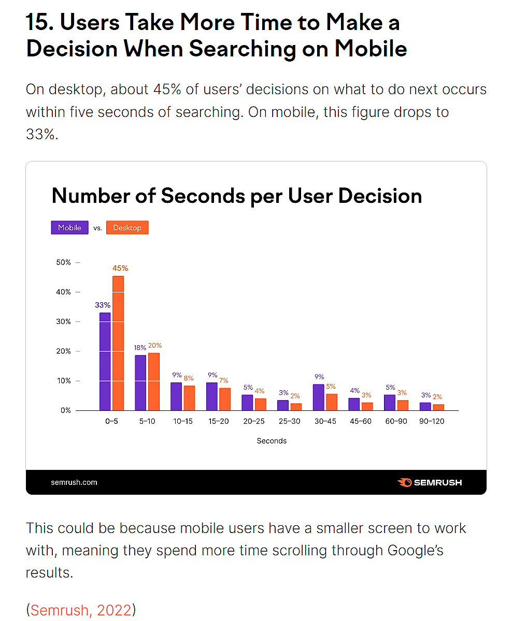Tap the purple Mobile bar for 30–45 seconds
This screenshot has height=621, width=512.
318,397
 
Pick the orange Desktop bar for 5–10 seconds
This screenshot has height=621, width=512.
153,381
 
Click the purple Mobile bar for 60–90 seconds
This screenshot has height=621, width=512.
390,402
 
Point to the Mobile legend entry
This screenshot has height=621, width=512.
69,228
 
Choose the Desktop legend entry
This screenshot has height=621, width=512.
127,228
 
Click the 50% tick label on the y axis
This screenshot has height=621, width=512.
63,262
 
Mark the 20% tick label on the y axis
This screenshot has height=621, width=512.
63,351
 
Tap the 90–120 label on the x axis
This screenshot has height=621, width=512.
431,421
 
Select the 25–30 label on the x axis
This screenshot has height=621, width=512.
289,421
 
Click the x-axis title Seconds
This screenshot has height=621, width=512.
272,441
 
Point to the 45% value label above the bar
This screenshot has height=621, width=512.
120,268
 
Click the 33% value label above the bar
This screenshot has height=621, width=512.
103,305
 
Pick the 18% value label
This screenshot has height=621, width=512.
140,348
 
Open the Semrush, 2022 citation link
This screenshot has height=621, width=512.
81,610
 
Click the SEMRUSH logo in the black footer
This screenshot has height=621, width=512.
430,482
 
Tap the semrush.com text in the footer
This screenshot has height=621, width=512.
74,482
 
